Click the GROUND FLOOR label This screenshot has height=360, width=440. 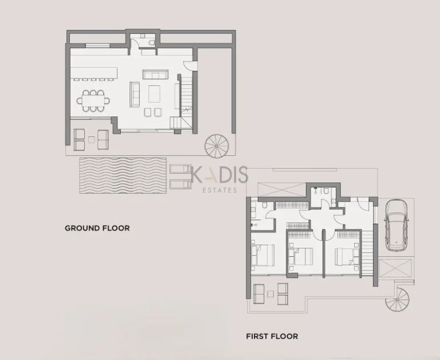(x=97, y=228)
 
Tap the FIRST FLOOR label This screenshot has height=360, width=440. (x=272, y=336)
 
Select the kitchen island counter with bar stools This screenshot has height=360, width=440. (x=94, y=73)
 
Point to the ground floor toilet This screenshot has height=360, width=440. (x=150, y=42)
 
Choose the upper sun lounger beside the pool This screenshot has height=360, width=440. (x=181, y=169)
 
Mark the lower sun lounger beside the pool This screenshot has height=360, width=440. (x=181, y=183)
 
